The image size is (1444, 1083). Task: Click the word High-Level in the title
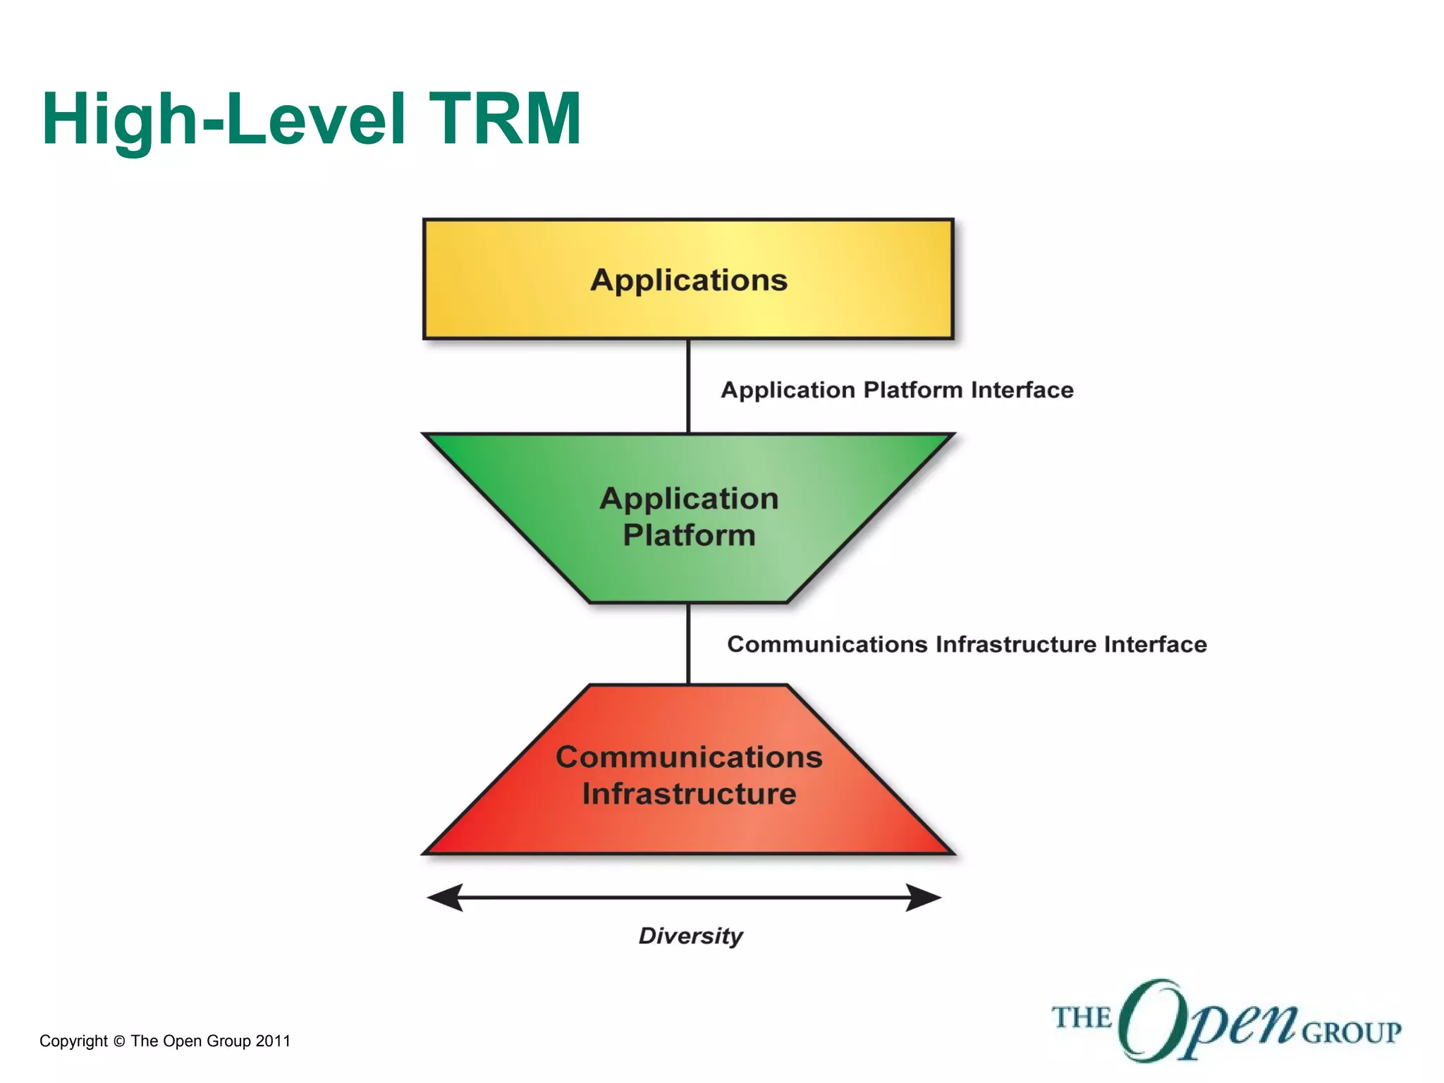224,120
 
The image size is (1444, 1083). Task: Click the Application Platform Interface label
896,390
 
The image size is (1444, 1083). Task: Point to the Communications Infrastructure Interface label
967,644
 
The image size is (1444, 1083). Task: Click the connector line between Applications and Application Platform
688,386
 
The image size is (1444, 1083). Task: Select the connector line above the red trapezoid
688,643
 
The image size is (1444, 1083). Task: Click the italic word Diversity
690,936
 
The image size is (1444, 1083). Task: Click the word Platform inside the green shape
689,535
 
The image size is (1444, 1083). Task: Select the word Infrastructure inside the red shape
689,794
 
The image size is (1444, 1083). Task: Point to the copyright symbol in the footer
119,1041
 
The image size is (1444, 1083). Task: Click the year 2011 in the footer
273,1041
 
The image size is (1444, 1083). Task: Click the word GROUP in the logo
1351,1033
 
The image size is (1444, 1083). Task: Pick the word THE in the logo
1081,1018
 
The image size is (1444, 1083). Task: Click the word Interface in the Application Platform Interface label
1022,390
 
